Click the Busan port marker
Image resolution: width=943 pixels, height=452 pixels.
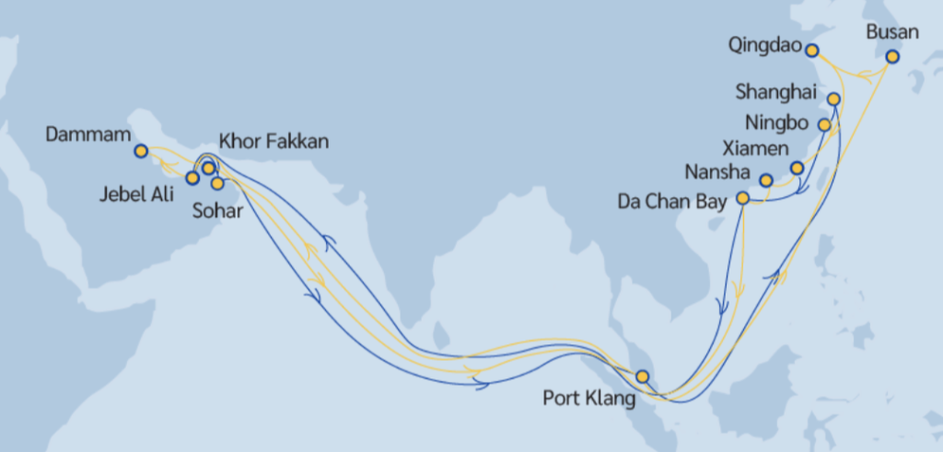tap(891, 56)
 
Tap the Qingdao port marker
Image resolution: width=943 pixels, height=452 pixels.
tap(812, 50)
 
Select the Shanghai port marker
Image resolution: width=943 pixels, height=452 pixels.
tap(833, 99)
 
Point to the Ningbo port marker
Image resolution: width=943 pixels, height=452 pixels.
tap(825, 124)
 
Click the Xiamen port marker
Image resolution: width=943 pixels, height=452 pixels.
tap(797, 168)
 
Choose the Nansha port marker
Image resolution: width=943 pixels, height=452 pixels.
tap(766, 180)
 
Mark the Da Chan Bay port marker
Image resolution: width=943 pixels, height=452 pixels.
tap(743, 197)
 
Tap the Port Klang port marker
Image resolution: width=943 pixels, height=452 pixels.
tap(642, 376)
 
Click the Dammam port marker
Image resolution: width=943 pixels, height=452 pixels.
tap(140, 150)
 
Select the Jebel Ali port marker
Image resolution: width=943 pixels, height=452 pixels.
tap(192, 178)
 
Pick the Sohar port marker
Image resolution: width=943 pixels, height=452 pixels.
tap(218, 182)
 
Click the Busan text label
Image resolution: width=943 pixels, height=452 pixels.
tap(892, 31)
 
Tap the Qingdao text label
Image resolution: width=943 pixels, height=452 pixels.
tap(762, 44)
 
